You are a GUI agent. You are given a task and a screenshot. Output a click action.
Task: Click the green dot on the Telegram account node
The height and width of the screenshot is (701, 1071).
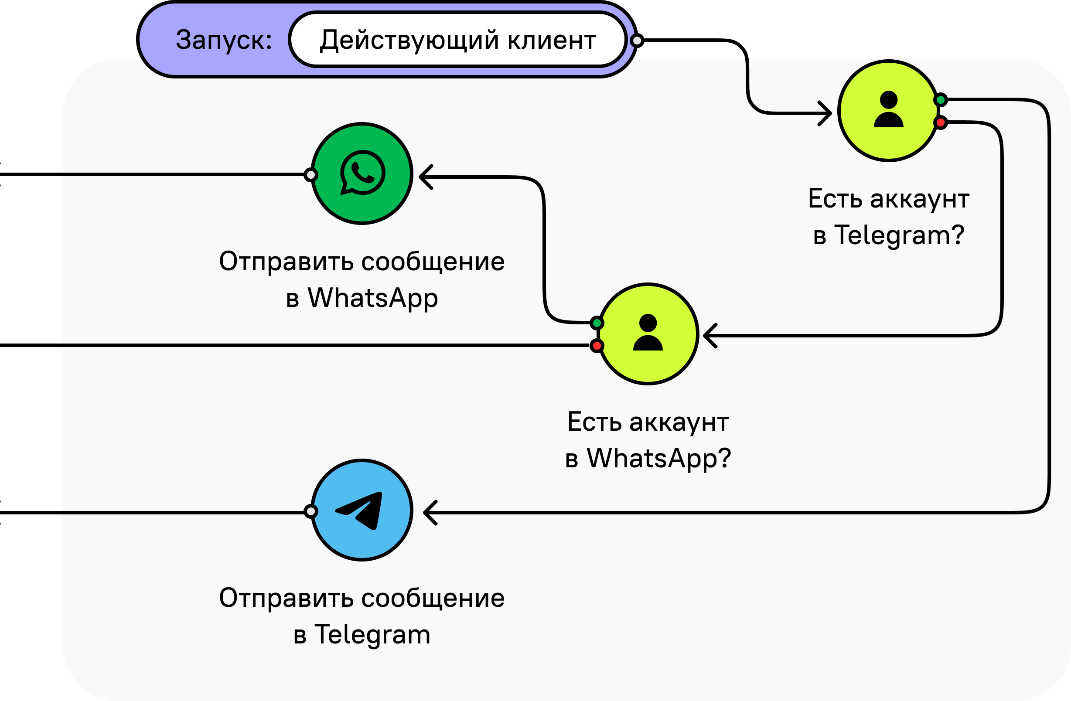click(941, 99)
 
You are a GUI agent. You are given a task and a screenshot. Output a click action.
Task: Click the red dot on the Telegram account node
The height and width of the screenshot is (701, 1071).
click(941, 123)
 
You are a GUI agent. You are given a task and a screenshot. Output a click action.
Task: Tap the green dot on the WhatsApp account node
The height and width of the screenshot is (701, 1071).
click(597, 323)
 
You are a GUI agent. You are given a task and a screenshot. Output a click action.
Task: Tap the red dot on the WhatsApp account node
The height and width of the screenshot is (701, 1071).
click(597, 346)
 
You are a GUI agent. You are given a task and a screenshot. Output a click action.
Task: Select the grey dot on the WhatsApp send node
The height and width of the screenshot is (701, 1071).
click(310, 174)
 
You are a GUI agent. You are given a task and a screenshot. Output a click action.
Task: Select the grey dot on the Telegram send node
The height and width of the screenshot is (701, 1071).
click(310, 511)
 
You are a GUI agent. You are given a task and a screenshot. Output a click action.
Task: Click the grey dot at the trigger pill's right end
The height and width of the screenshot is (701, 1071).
click(636, 41)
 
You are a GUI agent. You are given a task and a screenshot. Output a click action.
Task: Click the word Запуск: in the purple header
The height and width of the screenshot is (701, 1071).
click(224, 40)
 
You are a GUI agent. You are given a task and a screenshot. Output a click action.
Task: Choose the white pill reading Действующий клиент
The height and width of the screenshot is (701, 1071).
click(457, 40)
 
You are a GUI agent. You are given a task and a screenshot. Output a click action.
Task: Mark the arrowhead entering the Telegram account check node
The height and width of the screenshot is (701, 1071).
click(825, 113)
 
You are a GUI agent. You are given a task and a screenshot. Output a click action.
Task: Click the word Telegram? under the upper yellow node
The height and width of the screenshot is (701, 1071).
click(899, 235)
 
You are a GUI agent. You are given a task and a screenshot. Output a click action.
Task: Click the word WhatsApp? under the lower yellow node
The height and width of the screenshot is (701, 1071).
click(659, 458)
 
